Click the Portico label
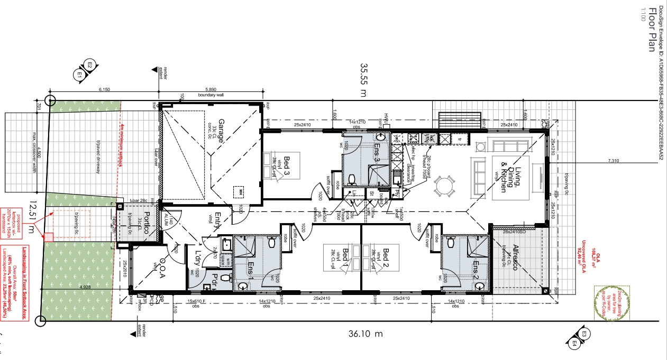click(147, 224)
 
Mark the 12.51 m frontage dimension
click(34, 217)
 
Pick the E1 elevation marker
click(80, 75)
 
